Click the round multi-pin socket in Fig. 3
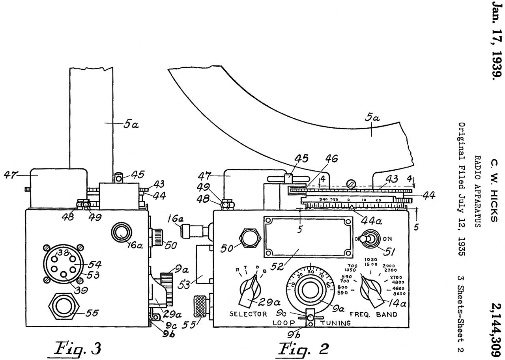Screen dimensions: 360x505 pyautogui.click(x=62, y=265)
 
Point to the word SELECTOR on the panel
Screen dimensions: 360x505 pyautogui.click(x=249, y=314)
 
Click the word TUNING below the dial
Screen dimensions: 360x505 pyautogui.click(x=335, y=323)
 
